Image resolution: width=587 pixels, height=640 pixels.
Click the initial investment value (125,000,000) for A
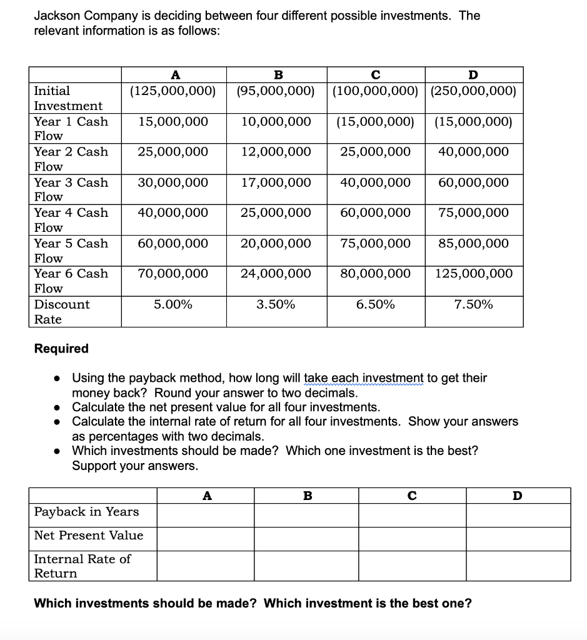point(173,91)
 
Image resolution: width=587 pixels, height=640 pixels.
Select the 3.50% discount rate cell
point(276,305)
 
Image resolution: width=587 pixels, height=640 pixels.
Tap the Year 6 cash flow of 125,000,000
point(474,274)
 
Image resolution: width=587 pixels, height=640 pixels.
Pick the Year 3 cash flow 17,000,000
point(276,183)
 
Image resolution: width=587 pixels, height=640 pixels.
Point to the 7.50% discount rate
point(474,305)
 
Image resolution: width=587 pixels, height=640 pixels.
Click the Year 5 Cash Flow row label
point(71,250)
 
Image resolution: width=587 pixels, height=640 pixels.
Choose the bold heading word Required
point(61,348)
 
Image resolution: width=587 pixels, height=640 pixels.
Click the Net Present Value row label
point(89,536)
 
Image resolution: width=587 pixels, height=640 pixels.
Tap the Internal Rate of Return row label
point(82,566)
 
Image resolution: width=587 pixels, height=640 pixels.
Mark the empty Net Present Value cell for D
point(518,539)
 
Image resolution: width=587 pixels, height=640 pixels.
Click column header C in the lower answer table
point(412,496)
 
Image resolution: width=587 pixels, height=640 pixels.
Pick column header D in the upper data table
point(473,75)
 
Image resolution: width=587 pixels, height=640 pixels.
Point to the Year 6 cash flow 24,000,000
point(276,274)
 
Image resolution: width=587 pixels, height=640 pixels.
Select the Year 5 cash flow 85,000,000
point(474,244)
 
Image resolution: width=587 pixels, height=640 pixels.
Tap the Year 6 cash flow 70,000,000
point(173,274)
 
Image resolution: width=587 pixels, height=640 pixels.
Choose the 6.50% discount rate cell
point(375,305)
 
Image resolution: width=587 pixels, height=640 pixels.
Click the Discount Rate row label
point(61,312)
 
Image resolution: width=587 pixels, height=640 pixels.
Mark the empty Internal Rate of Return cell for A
point(205,566)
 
